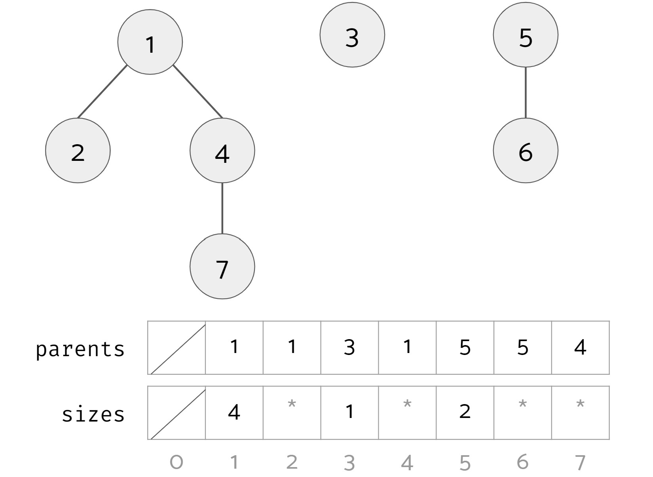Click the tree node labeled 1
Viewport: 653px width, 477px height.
150,42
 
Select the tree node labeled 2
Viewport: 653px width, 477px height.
78,151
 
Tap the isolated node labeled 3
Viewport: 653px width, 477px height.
352,35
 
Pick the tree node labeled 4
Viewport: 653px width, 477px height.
222,151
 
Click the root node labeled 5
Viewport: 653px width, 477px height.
526,35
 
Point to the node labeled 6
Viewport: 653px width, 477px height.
526,151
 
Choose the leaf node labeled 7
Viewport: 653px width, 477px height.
222,266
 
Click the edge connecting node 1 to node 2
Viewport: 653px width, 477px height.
103,92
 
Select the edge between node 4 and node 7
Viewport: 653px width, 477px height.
222,208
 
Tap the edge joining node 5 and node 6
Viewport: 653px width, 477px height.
526,93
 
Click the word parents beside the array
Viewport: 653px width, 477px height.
80,349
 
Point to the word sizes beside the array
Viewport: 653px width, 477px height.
93,414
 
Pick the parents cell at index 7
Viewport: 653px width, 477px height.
580,347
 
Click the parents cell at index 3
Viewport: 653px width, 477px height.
349,347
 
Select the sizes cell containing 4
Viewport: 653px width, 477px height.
234,412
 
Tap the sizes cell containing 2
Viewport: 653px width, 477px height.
465,412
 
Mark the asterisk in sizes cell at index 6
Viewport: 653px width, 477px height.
522,405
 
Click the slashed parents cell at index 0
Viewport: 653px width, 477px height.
177,347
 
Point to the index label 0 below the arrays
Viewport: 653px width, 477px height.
177,462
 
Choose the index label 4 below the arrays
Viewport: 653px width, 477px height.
407,462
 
